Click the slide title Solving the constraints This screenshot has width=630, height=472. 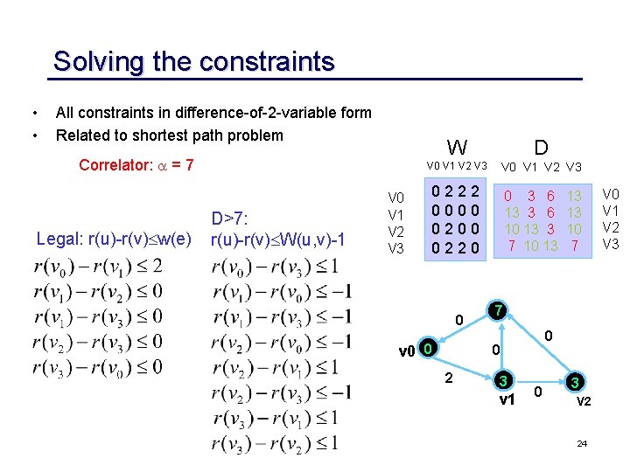[x=193, y=62]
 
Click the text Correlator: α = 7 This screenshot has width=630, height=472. [x=136, y=165]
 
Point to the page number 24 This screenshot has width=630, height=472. [x=582, y=445]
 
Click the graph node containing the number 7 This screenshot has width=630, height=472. [x=497, y=312]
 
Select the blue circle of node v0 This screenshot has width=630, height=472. [x=426, y=351]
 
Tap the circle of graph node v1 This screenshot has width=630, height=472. [x=502, y=381]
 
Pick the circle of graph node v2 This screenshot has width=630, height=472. [x=574, y=382]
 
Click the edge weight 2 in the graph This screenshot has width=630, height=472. [x=449, y=378]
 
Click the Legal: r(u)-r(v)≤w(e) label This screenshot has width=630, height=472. [x=114, y=239]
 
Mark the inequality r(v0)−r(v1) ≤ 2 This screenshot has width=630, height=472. [x=97, y=267]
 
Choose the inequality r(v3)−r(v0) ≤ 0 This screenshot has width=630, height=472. [x=97, y=366]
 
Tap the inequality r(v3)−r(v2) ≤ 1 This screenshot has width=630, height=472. [x=275, y=444]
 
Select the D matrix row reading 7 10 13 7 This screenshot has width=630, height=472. [x=543, y=246]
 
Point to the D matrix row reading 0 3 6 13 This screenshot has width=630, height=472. [x=543, y=197]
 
